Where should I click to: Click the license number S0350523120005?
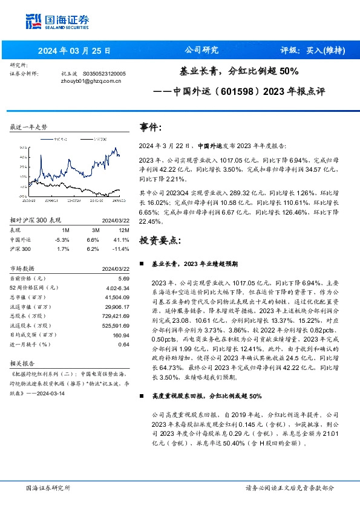103,73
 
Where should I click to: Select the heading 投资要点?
160,240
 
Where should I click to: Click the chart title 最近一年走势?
28,128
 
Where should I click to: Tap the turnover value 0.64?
124,344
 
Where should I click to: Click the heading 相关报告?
24,363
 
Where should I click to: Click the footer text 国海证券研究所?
48,488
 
